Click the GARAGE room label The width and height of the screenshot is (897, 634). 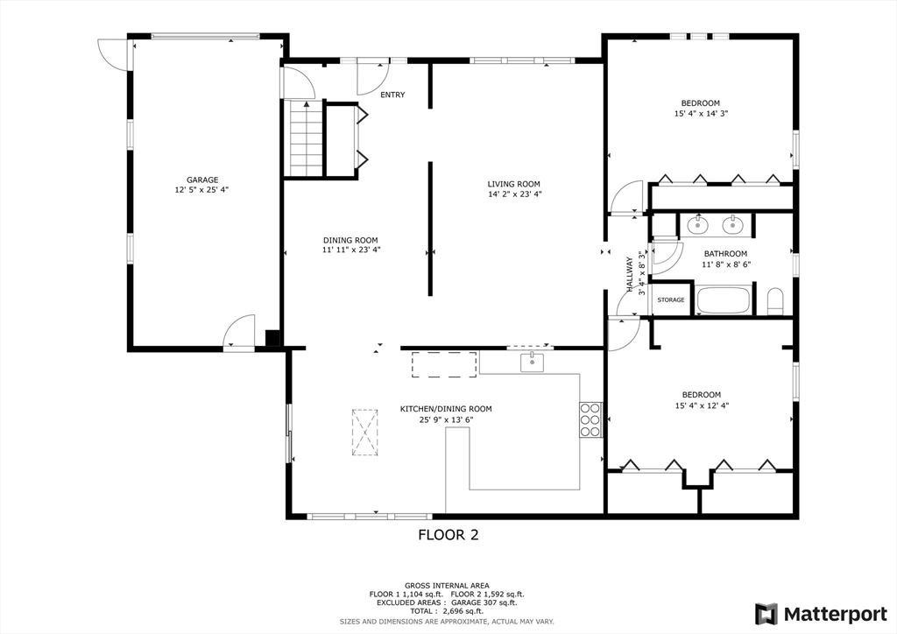pos(201,180)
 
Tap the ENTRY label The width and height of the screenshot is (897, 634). pos(392,95)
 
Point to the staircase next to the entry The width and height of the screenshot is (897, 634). pos(307,137)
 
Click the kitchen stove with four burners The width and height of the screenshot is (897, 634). pos(590,419)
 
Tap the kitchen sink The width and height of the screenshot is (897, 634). pos(532,362)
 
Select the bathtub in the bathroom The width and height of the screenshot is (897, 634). pos(723,300)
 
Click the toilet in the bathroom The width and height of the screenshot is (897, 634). pos(775,302)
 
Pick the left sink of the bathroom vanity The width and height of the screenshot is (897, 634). pos(697,225)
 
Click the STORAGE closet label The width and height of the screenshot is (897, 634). pos(671,300)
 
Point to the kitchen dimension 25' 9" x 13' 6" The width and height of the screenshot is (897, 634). pos(446,419)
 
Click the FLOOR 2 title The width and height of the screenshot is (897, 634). pos(448,535)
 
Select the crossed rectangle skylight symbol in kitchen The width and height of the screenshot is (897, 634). pos(364,432)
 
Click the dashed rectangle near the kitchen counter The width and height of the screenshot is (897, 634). pos(444,364)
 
